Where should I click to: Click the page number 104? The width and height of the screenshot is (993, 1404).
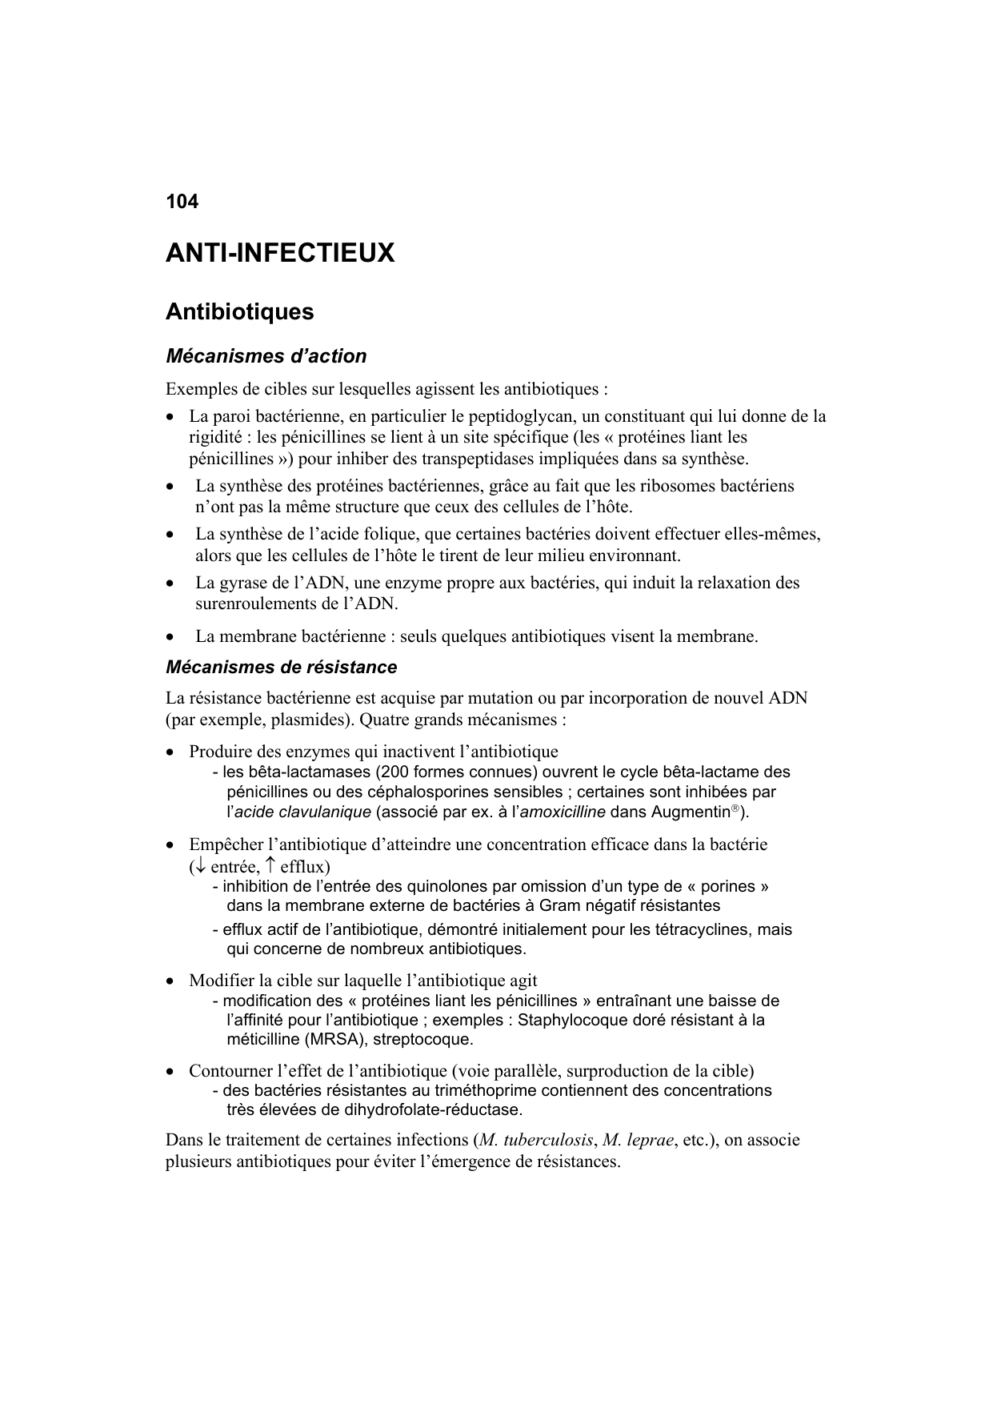coord(182,202)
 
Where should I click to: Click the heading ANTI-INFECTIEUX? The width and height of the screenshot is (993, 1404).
coord(280,254)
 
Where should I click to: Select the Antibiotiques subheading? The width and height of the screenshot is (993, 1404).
coord(239,311)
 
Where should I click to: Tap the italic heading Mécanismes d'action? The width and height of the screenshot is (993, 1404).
coord(266,355)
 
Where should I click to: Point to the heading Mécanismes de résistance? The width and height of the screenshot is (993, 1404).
coord(281,667)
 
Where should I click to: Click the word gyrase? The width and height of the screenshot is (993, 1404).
coord(240,583)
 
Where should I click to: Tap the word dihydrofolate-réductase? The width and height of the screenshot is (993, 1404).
coord(432,1110)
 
